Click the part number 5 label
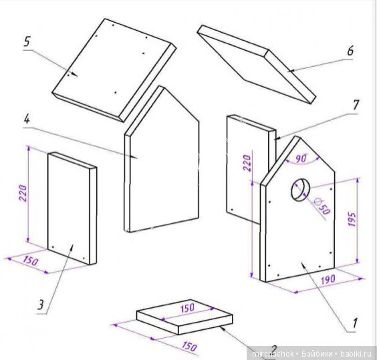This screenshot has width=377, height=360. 27,41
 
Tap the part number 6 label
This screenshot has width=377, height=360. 350,51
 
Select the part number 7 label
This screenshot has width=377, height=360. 355,106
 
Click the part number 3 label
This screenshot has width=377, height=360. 41,305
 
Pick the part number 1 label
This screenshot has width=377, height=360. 354,323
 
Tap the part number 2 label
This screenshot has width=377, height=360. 273,349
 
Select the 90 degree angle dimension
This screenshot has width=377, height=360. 301,158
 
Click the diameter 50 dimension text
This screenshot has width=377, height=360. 322,206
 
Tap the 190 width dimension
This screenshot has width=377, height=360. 328,279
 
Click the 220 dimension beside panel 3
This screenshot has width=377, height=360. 23,193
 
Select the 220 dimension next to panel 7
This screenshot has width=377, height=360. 247,163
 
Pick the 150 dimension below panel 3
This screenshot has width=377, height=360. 31,261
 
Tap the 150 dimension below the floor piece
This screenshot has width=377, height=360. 189,346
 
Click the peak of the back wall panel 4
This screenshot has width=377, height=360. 164,87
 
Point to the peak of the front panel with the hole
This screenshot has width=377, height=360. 299,137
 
